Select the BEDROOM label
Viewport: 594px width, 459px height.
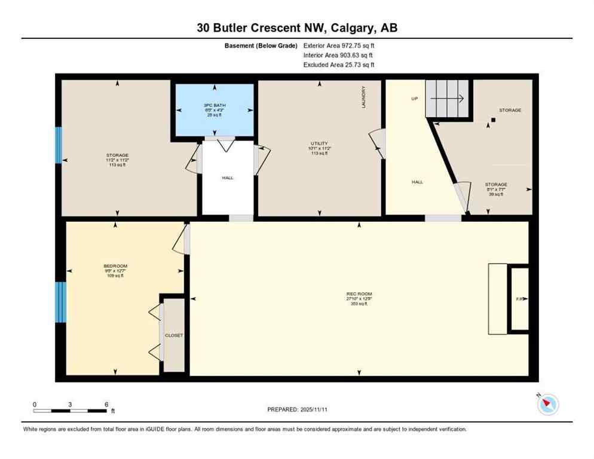point(115,266)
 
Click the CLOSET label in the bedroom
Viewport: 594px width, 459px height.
point(174,335)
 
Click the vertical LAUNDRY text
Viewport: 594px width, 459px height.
point(363,97)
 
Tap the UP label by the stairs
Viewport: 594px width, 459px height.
point(414,99)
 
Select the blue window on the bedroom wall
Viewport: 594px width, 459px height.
point(60,302)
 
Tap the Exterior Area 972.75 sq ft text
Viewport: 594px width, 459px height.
point(339,45)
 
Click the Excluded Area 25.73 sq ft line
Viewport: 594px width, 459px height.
point(339,65)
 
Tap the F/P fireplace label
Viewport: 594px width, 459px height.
point(519,299)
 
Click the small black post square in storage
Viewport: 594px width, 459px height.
point(493,120)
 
